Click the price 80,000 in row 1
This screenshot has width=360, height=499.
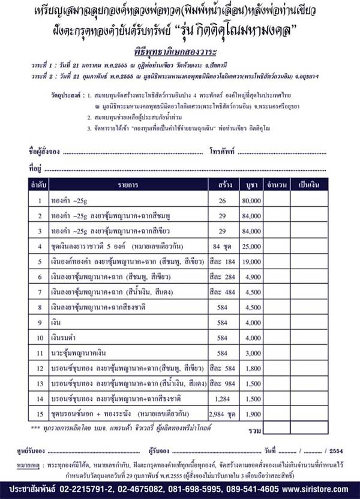(x=251, y=200)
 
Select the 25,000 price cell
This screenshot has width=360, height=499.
(x=251, y=246)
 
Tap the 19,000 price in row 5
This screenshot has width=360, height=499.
(x=251, y=261)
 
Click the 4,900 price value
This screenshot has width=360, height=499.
(x=252, y=277)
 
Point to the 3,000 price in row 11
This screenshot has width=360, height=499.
(x=252, y=354)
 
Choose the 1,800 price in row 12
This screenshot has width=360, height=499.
(x=252, y=369)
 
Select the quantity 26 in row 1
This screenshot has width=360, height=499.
(x=222, y=200)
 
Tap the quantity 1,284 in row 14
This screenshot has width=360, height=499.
(x=222, y=399)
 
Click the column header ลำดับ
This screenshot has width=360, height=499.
(x=40, y=184)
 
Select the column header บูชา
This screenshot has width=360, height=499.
(x=252, y=184)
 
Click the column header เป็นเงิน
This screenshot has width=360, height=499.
(x=310, y=184)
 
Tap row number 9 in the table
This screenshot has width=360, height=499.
(x=40, y=323)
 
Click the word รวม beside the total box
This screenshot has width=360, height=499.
(x=254, y=429)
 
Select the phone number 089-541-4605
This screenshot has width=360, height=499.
(x=245, y=489)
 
